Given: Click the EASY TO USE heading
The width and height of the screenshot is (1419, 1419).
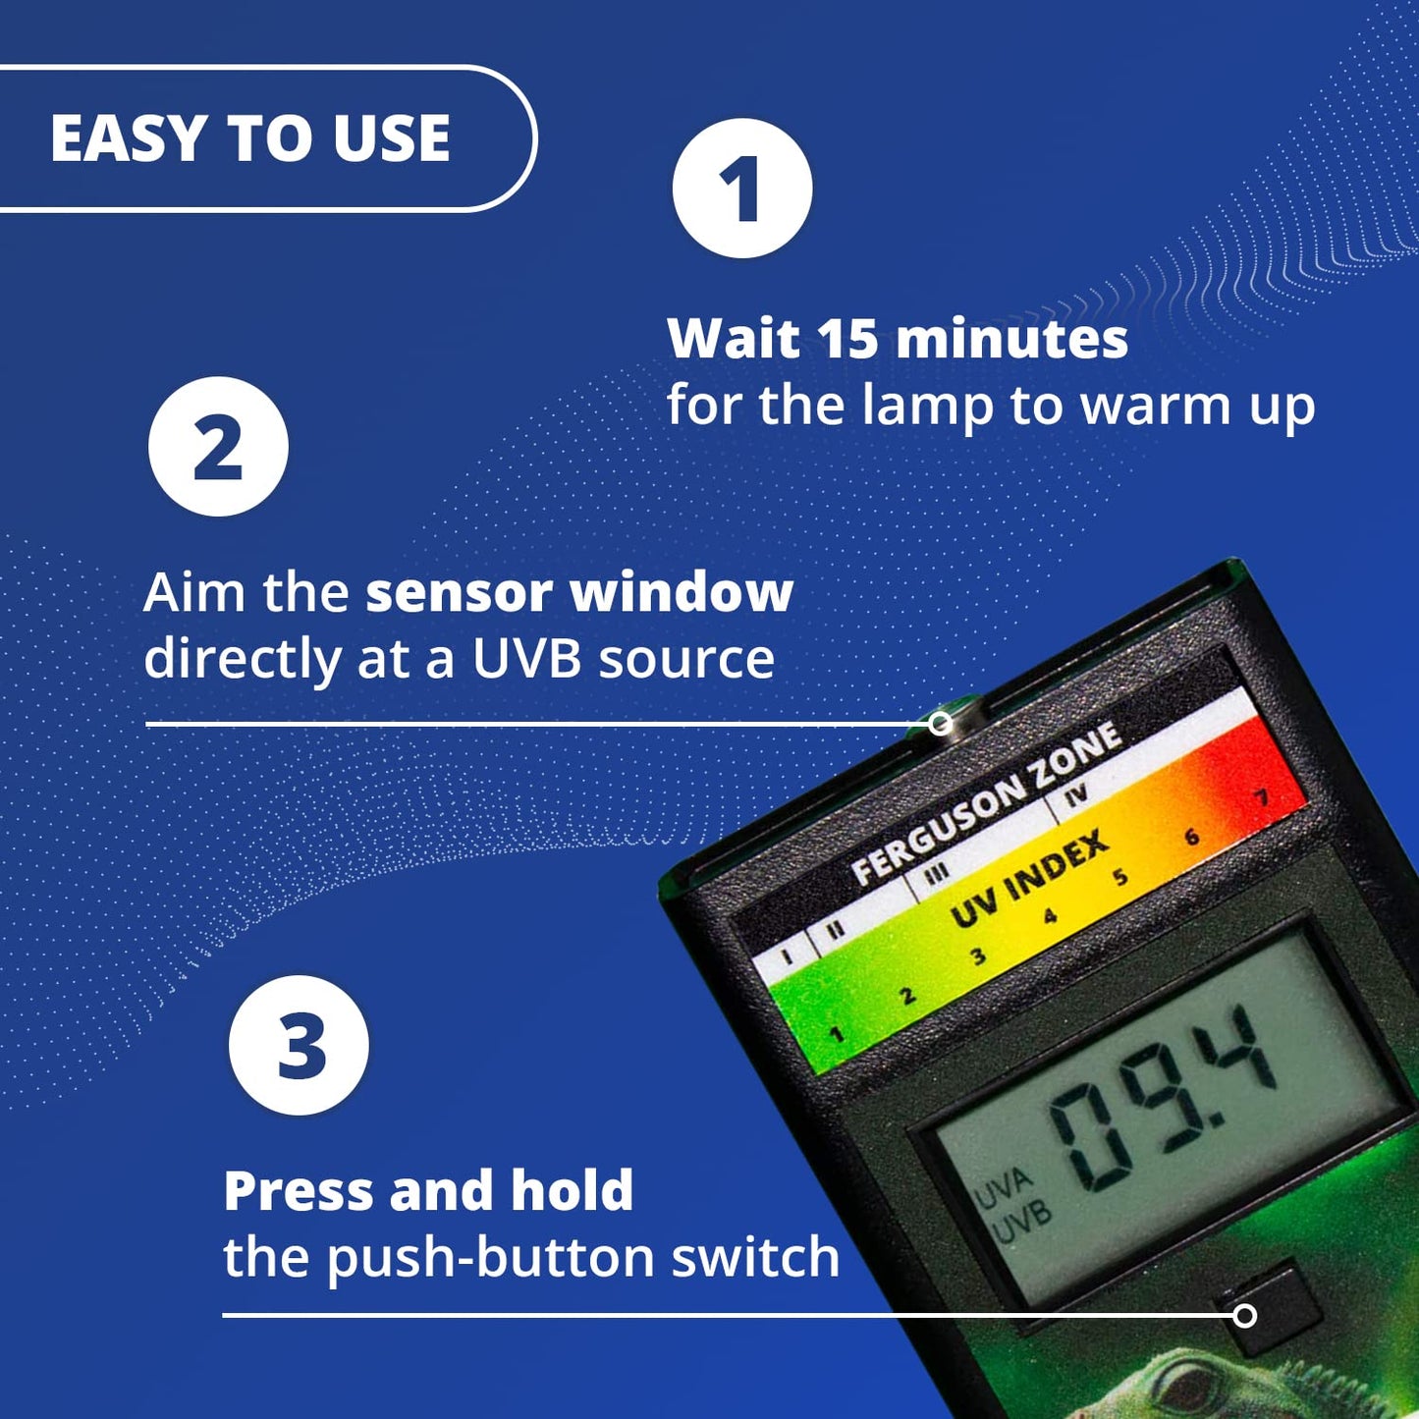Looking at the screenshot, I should [x=250, y=138].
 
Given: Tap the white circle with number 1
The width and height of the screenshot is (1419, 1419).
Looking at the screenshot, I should [x=741, y=189].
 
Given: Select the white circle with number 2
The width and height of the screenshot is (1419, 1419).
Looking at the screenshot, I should [x=218, y=447].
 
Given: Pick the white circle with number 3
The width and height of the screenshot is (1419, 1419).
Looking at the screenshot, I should [x=299, y=1046].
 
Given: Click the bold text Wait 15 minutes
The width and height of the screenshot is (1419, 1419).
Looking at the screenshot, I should [x=898, y=339].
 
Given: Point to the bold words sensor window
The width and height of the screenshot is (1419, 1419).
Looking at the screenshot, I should [x=579, y=593].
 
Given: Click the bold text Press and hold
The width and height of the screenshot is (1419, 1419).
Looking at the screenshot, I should [x=428, y=1191].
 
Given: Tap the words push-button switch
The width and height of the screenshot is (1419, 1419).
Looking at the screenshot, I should [x=582, y=1258].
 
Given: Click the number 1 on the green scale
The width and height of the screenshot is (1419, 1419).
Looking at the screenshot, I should [x=836, y=1034].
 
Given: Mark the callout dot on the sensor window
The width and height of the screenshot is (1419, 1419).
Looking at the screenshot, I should [x=941, y=724].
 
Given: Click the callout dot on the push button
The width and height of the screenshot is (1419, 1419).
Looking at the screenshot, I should [x=1244, y=1315].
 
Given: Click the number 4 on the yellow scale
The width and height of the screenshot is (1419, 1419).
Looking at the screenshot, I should [x=1050, y=916].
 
